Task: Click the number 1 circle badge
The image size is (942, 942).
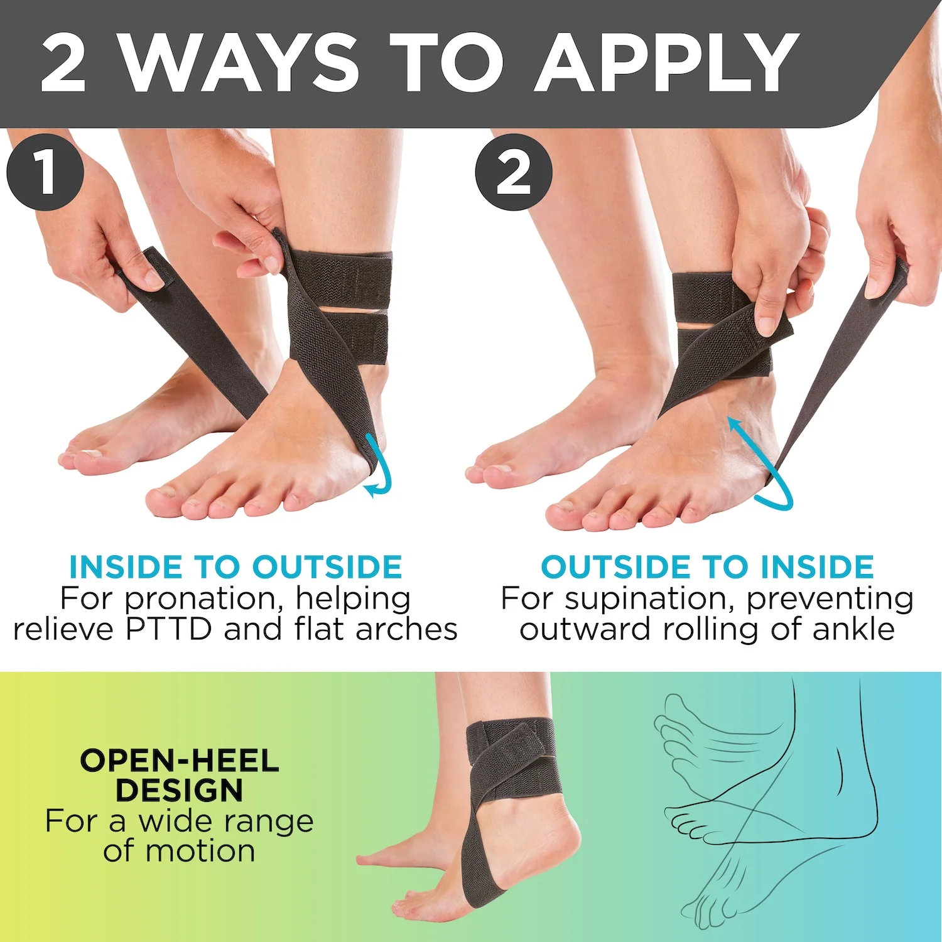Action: [45, 171]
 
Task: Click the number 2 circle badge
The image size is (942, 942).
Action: [513, 171]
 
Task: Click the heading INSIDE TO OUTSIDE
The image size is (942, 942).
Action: [235, 567]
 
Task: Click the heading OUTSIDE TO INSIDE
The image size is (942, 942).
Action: [707, 567]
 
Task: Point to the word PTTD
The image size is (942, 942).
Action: [169, 629]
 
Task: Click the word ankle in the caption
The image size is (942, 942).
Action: [853, 629]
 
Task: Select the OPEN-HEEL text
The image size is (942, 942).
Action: [180, 761]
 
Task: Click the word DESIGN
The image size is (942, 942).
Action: [180, 790]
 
